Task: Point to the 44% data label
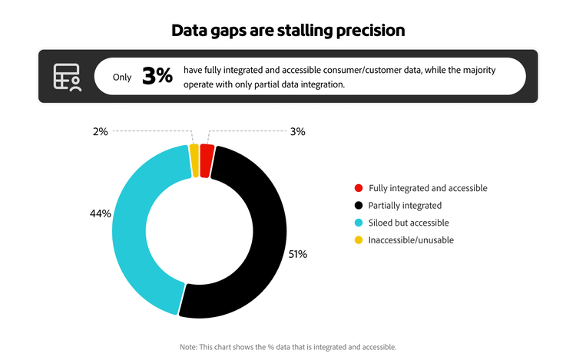101,213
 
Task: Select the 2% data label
101,131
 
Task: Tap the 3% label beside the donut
298,131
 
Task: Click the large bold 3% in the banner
157,77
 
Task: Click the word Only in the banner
122,77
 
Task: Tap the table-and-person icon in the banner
66,77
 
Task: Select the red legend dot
358,188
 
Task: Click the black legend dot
358,206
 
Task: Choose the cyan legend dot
358,223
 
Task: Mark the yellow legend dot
358,240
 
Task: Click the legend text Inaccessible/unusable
411,240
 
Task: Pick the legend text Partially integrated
405,206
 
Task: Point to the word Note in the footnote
188,347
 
